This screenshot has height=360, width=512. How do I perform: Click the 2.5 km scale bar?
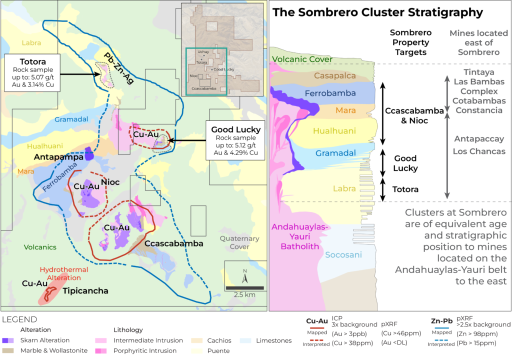244,288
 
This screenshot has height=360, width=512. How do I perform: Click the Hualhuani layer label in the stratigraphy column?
334,131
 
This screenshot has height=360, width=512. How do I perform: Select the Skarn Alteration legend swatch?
9,340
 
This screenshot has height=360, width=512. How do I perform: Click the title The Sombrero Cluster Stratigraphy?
377,12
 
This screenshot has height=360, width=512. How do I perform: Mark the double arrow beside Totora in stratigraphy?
383,189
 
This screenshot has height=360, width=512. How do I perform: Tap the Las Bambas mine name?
478,81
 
